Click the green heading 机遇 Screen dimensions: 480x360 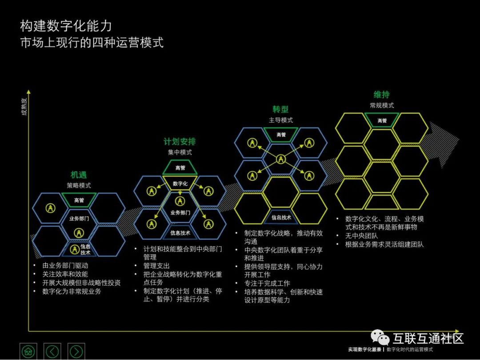(79, 175)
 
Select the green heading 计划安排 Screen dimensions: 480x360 (180, 142)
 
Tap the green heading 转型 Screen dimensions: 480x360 (280, 109)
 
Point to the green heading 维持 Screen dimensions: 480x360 (381, 95)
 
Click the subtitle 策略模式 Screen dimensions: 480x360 (79, 185)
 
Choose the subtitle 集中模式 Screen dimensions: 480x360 (180, 152)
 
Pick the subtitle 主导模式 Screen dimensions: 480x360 (280, 120)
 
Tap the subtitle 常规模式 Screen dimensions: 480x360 (381, 105)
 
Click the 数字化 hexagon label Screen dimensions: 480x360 (180, 183)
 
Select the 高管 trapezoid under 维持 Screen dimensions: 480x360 (382, 120)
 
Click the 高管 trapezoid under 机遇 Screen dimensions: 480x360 (79, 200)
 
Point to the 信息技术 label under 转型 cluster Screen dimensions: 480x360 (281, 217)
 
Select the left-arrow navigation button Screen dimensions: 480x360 (52, 351)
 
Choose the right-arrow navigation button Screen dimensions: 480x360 (76, 351)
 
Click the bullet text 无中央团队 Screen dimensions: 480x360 (361, 236)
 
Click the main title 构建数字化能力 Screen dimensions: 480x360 (66, 26)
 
